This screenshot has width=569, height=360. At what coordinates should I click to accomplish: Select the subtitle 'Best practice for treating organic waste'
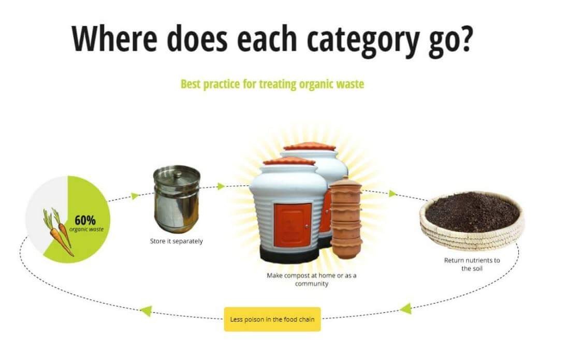tap(272, 84)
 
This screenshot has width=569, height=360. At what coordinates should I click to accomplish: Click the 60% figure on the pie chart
tap(85, 220)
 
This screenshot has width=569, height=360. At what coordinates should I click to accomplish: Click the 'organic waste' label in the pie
tap(86, 229)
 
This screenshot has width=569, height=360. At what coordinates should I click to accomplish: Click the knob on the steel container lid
tap(177, 175)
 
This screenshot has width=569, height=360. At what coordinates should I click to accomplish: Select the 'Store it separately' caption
tap(177, 241)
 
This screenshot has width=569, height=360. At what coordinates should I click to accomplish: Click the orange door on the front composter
tap(293, 225)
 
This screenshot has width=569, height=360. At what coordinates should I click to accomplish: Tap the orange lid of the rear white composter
tap(310, 147)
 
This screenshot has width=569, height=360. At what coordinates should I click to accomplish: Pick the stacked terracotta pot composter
tap(345, 217)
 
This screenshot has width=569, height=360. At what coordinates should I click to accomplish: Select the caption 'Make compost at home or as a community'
tap(311, 279)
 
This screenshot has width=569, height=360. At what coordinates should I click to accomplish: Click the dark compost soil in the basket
tap(472, 212)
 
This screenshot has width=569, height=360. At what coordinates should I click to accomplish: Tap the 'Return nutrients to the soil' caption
tap(472, 264)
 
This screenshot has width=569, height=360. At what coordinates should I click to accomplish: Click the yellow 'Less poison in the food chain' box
tap(272, 320)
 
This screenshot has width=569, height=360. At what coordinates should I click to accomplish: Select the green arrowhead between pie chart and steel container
tap(135, 196)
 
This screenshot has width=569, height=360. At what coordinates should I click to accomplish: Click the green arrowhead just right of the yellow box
tap(406, 309)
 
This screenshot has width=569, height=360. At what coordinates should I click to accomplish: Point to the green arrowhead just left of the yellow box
tap(146, 311)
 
